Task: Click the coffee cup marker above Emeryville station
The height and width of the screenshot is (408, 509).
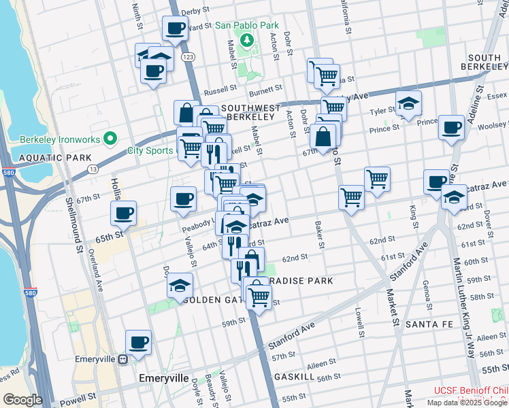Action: click(139, 343)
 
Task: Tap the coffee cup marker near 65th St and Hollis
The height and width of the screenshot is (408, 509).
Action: click(123, 213)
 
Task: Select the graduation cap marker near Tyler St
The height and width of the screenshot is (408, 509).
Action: click(408, 103)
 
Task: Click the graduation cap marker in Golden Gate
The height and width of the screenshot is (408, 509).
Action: click(180, 286)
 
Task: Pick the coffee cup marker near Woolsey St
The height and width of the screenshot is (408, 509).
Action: click(450, 127)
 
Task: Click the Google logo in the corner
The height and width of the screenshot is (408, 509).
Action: click(22, 400)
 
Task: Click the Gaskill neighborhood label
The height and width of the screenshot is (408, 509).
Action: click(294, 376)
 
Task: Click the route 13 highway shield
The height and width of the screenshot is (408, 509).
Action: click(93, 168)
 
